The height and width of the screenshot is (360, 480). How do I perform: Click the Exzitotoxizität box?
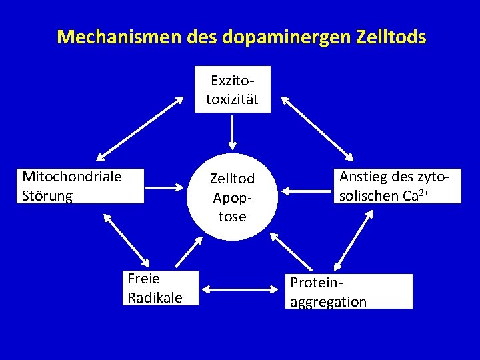point(232,89)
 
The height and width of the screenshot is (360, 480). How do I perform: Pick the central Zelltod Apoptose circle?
point(232,197)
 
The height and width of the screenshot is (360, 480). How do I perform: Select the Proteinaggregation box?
point(349,291)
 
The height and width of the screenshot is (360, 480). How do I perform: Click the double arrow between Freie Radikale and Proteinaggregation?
point(239,289)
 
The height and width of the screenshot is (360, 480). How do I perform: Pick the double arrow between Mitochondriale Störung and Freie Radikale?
point(127,238)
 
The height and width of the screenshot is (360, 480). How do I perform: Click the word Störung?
point(47,195)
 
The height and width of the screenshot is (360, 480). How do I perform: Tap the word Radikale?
point(155,297)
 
